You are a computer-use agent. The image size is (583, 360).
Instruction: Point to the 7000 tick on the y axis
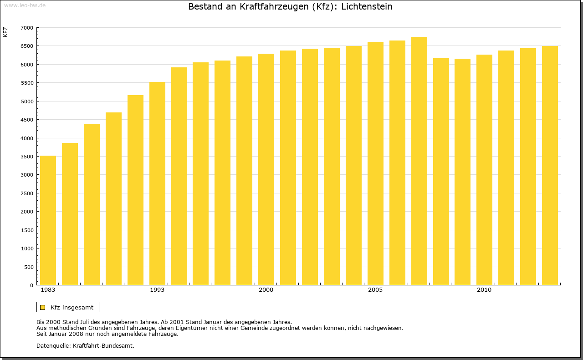27,28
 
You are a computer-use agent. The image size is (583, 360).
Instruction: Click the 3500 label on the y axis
27,157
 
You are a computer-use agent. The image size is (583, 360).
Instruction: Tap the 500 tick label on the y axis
29,267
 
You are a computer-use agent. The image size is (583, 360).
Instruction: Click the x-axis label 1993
157,290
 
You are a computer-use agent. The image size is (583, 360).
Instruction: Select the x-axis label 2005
375,290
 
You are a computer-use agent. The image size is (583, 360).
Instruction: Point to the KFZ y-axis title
5,32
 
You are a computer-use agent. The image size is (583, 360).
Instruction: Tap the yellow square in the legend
43,307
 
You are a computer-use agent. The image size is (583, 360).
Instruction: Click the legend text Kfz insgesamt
72,307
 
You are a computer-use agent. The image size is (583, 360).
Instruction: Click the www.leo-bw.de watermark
24,5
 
